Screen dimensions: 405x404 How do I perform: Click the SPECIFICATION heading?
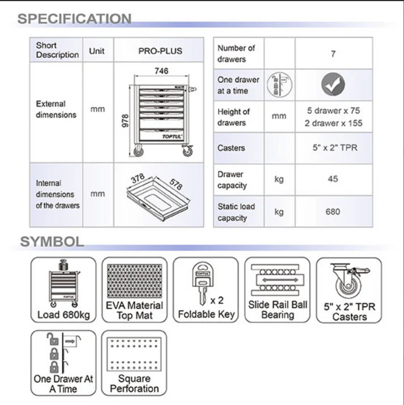point(74,19)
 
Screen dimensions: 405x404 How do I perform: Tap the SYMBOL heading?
point(52,241)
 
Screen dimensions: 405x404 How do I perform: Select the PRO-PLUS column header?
point(160,50)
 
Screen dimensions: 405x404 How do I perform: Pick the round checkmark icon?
point(333,85)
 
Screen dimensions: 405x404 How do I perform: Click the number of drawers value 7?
point(333,54)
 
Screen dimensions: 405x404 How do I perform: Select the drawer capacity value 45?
point(333,179)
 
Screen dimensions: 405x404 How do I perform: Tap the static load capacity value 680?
point(333,212)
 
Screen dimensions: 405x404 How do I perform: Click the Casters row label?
point(231,148)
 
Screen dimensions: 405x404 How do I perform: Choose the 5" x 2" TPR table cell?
point(333,148)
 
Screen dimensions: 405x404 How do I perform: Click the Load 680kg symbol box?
point(63,290)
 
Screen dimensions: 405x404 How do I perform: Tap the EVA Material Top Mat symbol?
point(134,290)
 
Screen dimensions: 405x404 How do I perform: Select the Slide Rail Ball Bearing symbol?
point(278,290)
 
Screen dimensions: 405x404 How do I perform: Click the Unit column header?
point(97,50)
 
